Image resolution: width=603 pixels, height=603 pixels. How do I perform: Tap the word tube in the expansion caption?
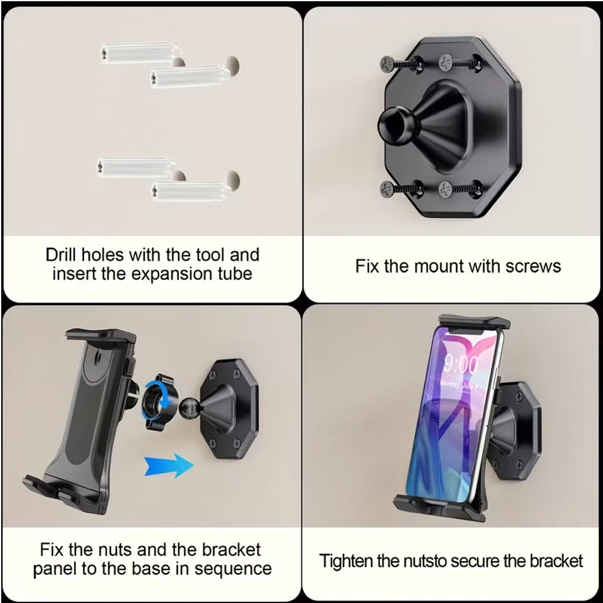coord(236,274)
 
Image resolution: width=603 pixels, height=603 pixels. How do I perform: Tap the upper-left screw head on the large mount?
coord(387,63)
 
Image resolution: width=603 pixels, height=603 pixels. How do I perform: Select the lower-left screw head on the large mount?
coord(387,189)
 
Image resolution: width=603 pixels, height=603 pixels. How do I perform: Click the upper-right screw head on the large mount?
coord(446,62)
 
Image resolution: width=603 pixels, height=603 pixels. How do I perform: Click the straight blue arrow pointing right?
coord(168,465)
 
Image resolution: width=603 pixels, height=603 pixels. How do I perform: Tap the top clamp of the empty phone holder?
coord(101,335)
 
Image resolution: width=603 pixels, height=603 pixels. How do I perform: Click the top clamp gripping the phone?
coord(474,322)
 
